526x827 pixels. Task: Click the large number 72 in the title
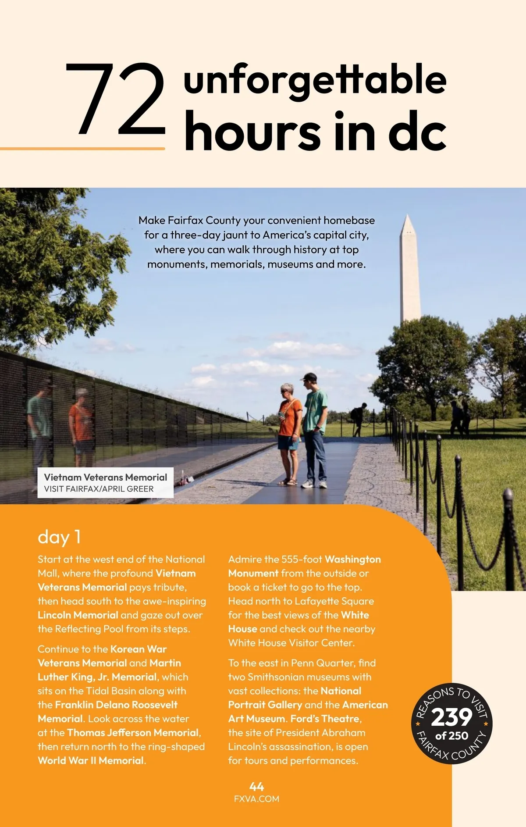coord(116,99)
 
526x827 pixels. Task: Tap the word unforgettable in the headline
coord(315,80)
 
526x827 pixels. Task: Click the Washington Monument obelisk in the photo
coord(409,272)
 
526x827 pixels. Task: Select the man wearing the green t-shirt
coord(315,421)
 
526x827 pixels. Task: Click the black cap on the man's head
coord(309,377)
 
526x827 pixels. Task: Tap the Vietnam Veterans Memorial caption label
coord(105,477)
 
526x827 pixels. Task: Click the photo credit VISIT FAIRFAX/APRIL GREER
coord(99,489)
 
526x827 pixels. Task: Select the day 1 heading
coord(59,537)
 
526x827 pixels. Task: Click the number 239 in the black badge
coord(451,717)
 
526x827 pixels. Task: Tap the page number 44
coord(256,787)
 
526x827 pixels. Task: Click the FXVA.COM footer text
coord(256,799)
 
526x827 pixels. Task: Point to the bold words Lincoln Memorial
coord(78,615)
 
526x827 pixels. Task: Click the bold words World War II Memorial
coord(91,761)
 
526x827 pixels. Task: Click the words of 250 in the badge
coord(451,736)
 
